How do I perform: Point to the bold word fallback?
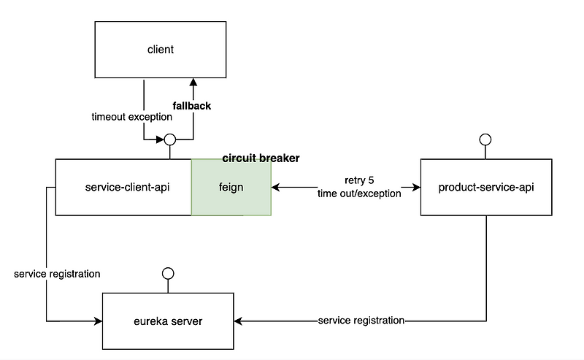tap(192, 106)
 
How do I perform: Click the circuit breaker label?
tap(261, 158)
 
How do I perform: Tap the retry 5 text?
tap(359, 179)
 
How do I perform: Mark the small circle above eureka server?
tap(167, 273)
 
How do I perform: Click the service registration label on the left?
tap(57, 274)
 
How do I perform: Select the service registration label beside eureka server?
tap(361, 321)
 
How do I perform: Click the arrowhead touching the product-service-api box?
tap(417, 187)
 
